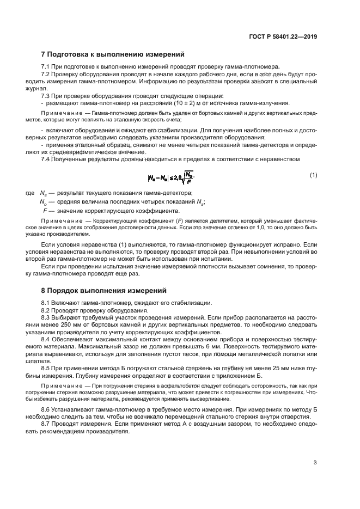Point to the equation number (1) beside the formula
point(313,175)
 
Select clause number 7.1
point(46,66)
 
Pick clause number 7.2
point(46,73)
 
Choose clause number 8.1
point(46,303)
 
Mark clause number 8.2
point(46,310)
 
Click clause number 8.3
point(46,317)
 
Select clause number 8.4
point(46,339)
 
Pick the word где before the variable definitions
point(30,193)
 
